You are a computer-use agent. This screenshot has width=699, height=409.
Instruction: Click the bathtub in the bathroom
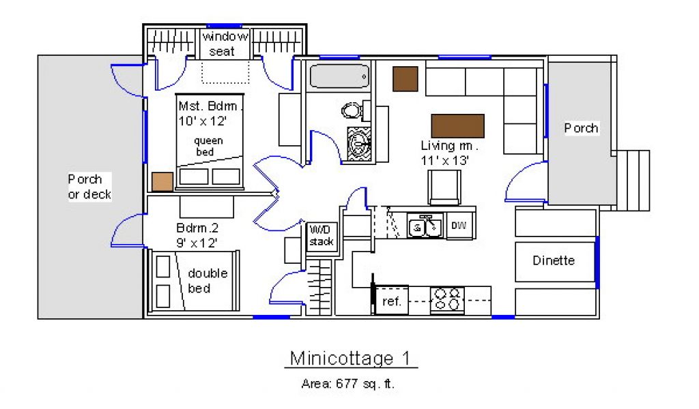click(339, 76)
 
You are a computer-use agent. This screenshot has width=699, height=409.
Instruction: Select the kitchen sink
click(425, 226)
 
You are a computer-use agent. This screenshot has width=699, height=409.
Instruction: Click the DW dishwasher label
click(459, 226)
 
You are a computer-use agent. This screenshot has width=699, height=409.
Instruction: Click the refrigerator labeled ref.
click(391, 301)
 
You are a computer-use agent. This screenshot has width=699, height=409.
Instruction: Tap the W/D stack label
click(322, 236)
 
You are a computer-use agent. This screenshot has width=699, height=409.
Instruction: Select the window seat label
click(224, 44)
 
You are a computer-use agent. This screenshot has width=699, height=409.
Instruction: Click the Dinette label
click(554, 260)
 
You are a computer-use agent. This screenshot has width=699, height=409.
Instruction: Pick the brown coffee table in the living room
click(457, 125)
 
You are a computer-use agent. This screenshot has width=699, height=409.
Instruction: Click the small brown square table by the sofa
click(405, 79)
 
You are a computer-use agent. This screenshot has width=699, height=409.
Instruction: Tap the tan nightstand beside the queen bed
click(162, 182)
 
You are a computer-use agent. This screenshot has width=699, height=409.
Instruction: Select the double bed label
click(208, 281)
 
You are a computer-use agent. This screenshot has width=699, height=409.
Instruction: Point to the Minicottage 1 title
click(350, 359)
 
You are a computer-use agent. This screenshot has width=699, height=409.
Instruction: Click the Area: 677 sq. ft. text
click(347, 384)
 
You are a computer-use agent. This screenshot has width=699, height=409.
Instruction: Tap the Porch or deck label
click(89, 187)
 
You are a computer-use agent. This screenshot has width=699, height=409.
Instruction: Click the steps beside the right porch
click(633, 180)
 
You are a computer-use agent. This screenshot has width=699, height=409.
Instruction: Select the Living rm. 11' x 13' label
click(449, 153)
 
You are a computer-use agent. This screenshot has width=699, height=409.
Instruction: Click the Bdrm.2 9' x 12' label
click(197, 235)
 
